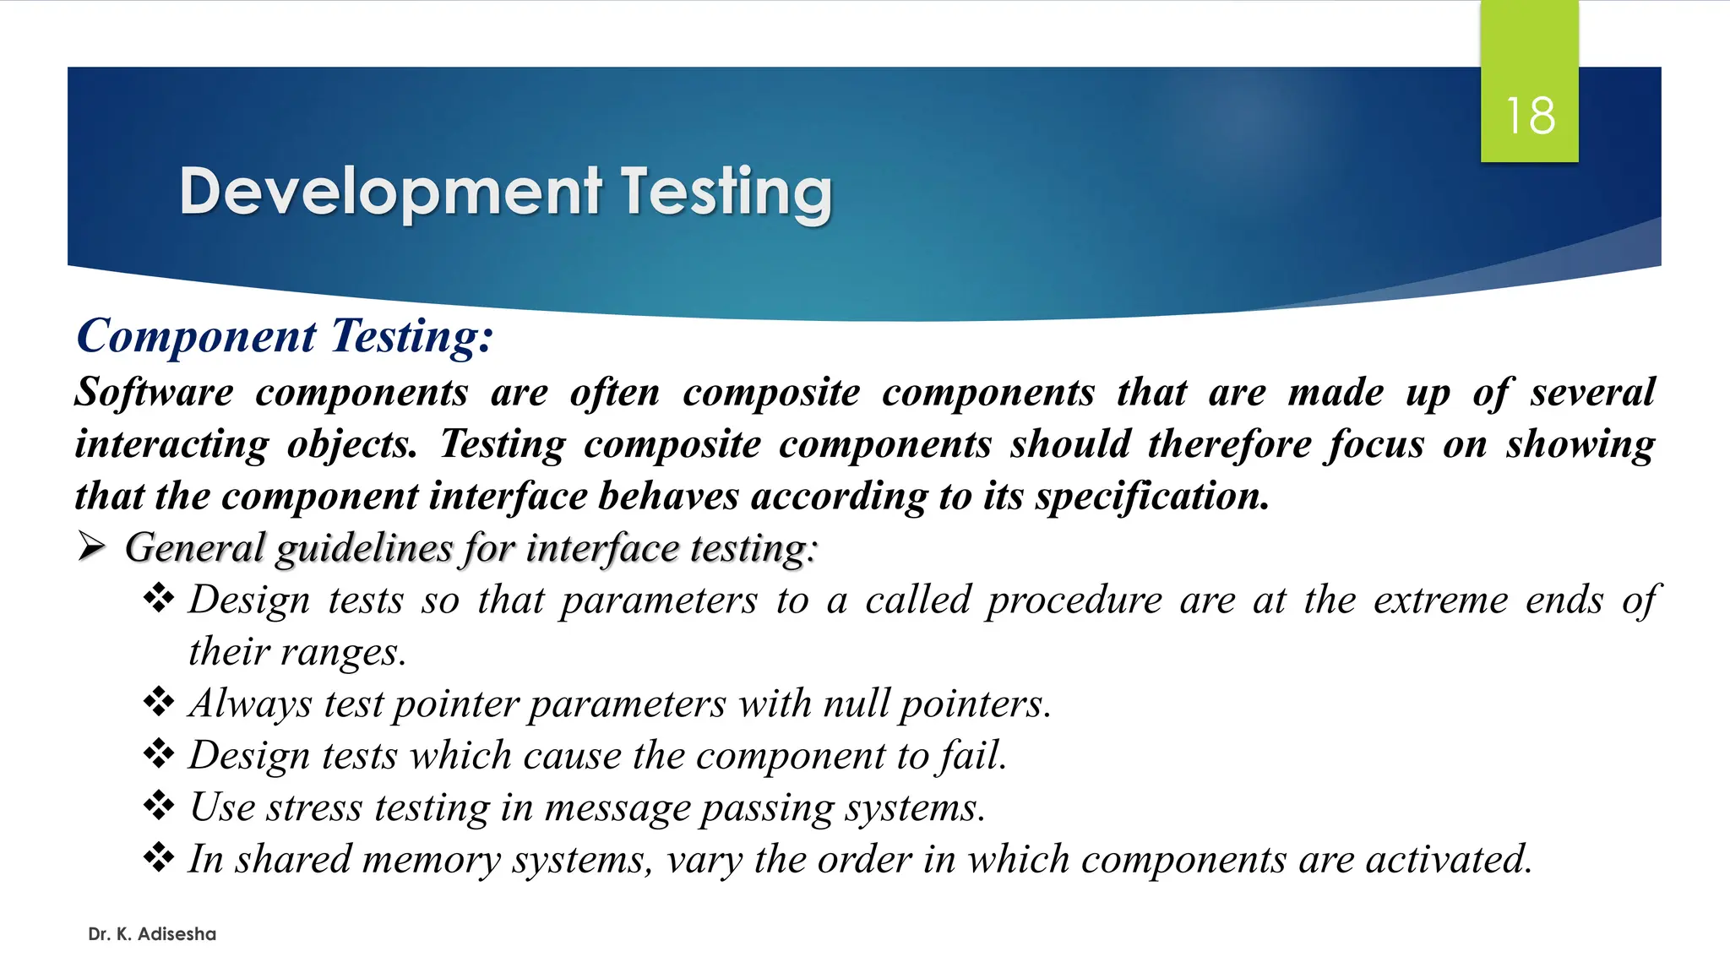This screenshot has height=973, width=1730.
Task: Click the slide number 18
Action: (1530, 116)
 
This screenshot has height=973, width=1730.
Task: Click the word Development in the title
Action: (390, 192)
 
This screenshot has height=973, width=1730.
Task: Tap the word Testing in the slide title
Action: (727, 192)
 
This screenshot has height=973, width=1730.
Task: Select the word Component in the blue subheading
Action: (196, 336)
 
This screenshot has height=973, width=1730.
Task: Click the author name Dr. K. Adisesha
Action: (152, 934)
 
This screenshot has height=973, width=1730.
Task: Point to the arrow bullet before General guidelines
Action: (91, 547)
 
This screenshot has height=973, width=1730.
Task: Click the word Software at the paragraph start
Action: (154, 393)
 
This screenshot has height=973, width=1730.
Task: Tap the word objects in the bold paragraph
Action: (351, 444)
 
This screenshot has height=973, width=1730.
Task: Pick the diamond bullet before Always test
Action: (159, 702)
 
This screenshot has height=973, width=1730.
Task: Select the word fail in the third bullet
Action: (971, 755)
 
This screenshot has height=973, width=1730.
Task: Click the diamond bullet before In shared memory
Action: (159, 857)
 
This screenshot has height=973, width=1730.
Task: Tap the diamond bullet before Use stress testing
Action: (159, 806)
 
